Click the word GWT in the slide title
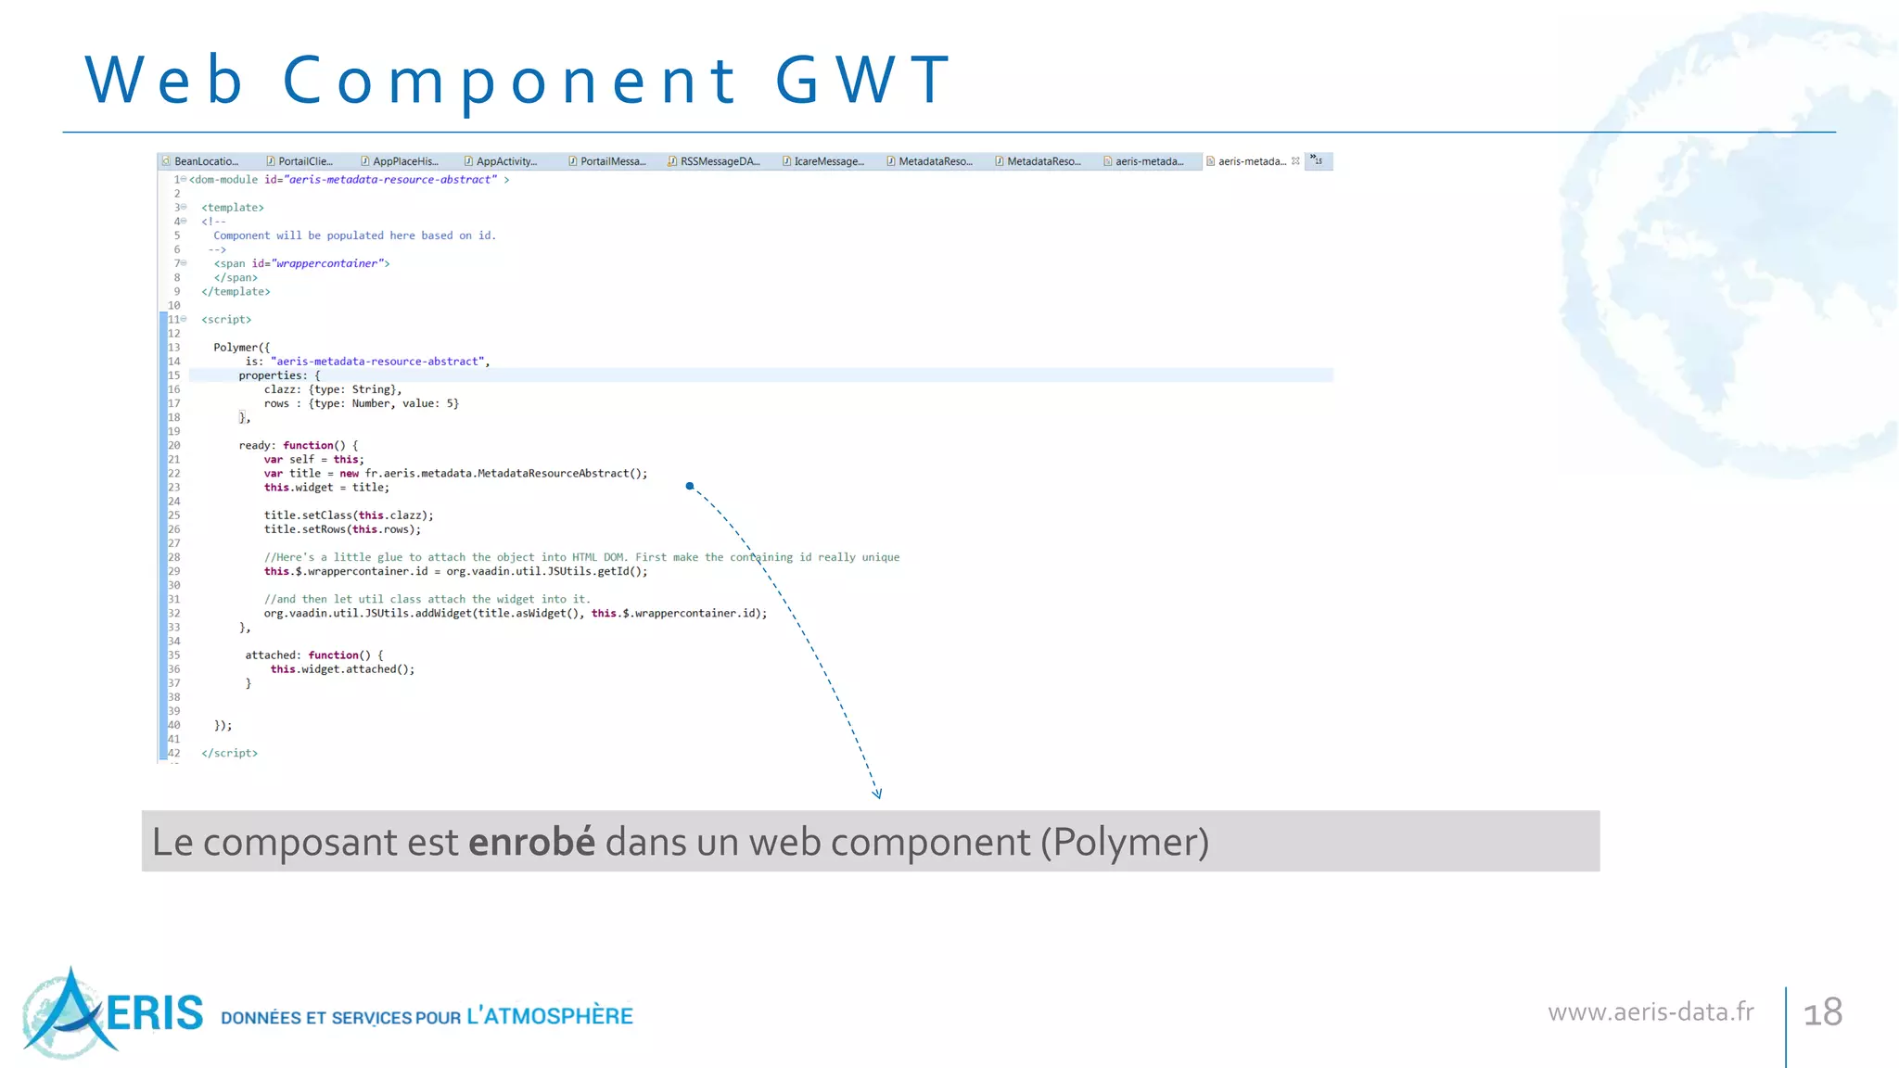pyautogui.click(x=862, y=80)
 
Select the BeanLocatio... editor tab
pyautogui.click(x=205, y=161)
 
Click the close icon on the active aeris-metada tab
pyautogui.click(x=1295, y=161)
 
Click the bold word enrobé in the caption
pyautogui.click(x=531, y=842)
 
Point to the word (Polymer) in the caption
pyautogui.click(x=1124, y=842)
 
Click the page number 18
pyautogui.click(x=1822, y=1012)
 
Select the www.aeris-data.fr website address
pyautogui.click(x=1650, y=1011)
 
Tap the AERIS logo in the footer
pyautogui.click(x=111, y=1012)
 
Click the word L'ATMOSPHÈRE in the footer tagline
pyautogui.click(x=550, y=1016)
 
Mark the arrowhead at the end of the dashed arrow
pyautogui.click(x=877, y=794)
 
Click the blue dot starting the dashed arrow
pyautogui.click(x=690, y=486)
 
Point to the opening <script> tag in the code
pyautogui.click(x=226, y=320)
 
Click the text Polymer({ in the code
pyautogui.click(x=241, y=348)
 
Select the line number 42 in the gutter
pyautogui.click(x=174, y=753)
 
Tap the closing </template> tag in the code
pyautogui.click(x=236, y=292)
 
